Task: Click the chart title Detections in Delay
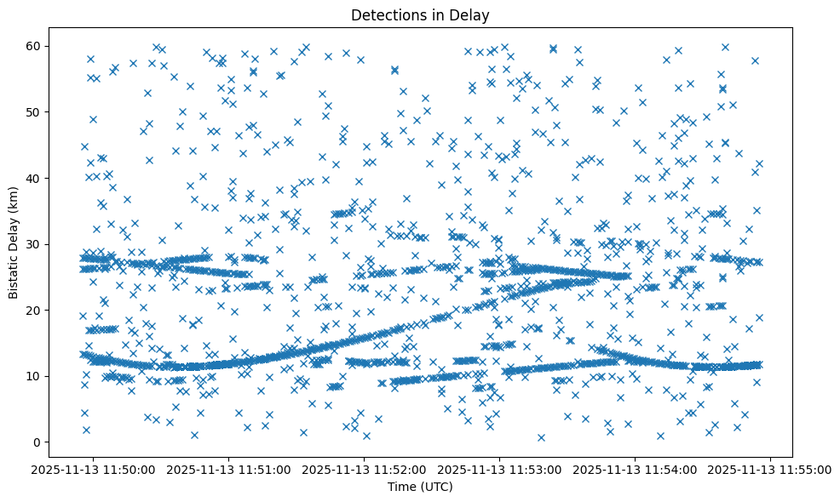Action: (x=420, y=14)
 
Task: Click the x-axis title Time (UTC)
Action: (x=420, y=487)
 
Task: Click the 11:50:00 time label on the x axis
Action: (x=94, y=469)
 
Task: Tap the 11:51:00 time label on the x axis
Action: (x=229, y=469)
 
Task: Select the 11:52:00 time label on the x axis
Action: (x=365, y=469)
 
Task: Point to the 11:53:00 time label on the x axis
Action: (x=500, y=469)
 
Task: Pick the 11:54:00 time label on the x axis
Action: (x=636, y=469)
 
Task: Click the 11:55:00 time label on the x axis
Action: (x=771, y=469)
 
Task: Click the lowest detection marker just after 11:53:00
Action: (x=541, y=437)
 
